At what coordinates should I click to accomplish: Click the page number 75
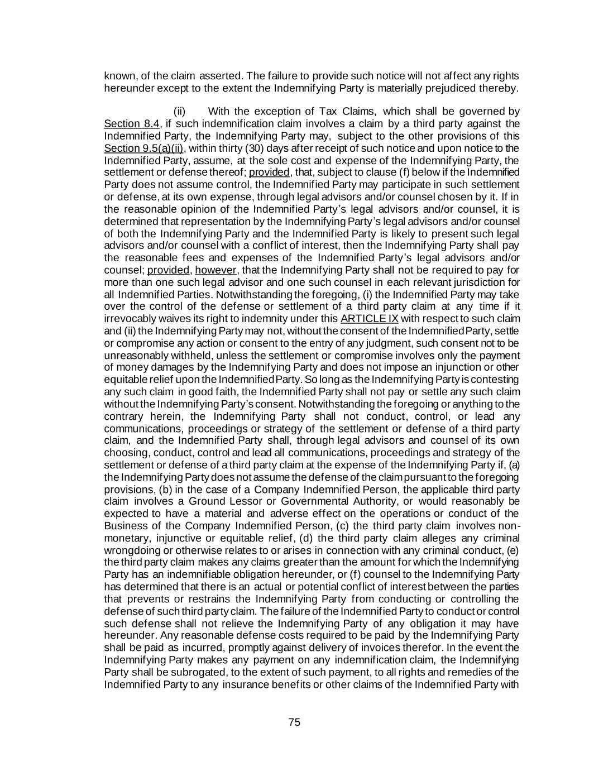[294, 722]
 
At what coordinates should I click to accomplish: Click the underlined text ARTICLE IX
[369, 319]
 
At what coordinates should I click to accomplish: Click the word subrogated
[169, 673]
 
